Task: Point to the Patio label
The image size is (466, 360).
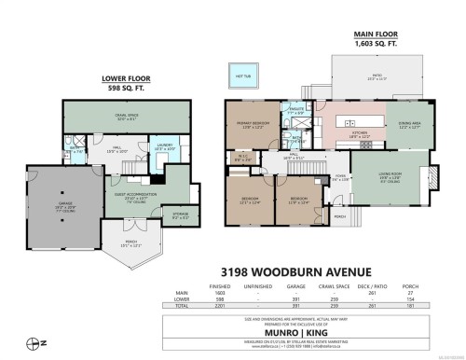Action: click(378, 77)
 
